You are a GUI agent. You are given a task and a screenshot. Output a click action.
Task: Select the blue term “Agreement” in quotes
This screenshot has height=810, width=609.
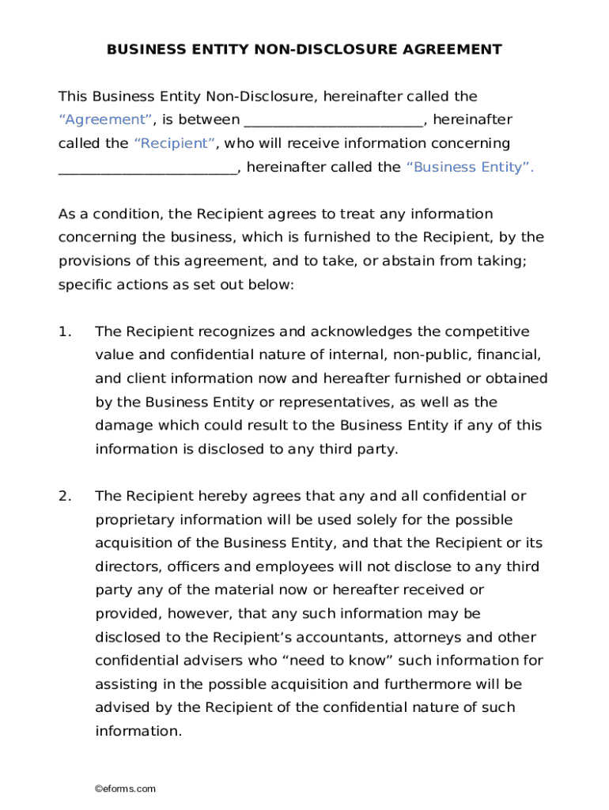coord(106,120)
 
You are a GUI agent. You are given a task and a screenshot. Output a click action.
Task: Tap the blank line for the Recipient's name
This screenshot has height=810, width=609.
coord(334,120)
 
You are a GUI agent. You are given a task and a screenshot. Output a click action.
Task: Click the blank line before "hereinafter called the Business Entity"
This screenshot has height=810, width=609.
coord(148,168)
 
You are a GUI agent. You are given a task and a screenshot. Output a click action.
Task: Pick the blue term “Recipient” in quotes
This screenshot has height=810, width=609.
coord(175,144)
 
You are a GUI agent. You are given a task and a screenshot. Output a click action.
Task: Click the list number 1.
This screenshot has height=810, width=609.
coord(65,331)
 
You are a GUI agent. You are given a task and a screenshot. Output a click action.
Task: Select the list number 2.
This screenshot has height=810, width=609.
coord(65,497)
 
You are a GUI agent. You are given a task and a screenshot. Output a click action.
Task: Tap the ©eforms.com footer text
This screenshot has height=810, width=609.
coord(125,789)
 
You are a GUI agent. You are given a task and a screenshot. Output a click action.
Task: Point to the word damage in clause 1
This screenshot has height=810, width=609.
coord(121,426)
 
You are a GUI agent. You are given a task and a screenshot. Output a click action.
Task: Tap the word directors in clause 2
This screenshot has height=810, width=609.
coord(123,567)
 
